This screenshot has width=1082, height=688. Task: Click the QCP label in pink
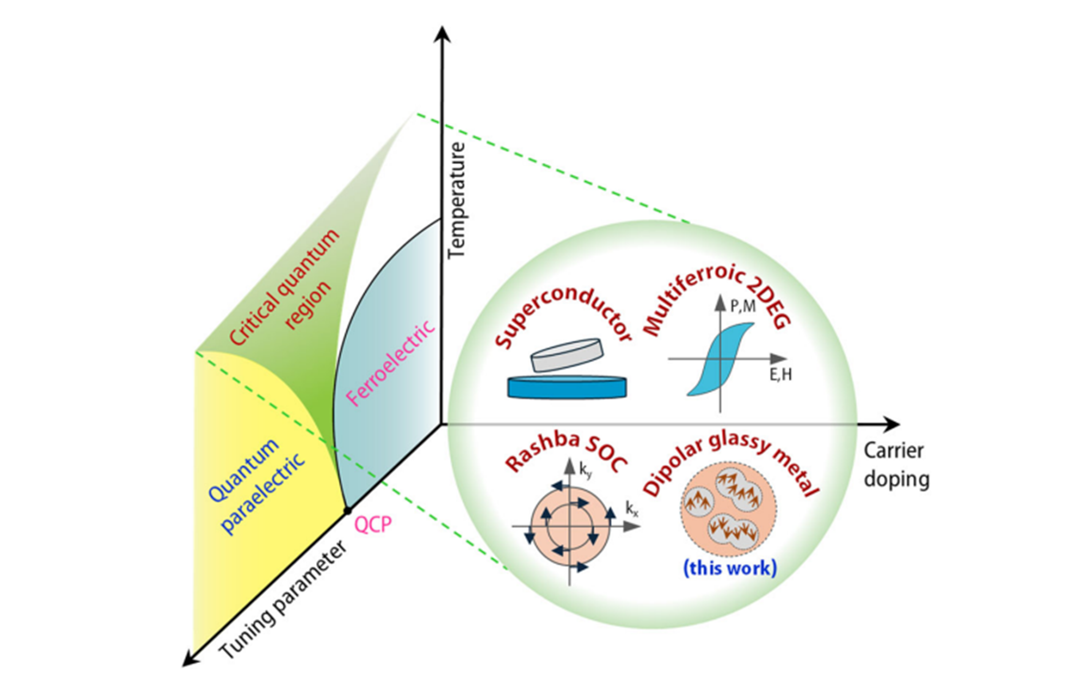[373, 525]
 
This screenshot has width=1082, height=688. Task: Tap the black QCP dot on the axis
[347, 511]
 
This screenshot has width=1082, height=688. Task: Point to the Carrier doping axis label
[896, 465]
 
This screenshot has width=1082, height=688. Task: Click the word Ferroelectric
[390, 363]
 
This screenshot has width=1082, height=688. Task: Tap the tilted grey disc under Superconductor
[567, 355]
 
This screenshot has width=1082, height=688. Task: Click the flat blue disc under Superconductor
[567, 387]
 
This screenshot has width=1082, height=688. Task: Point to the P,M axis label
[742, 306]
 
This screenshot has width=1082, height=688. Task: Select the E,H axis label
[781, 374]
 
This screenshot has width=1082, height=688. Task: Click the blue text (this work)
[730, 568]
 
